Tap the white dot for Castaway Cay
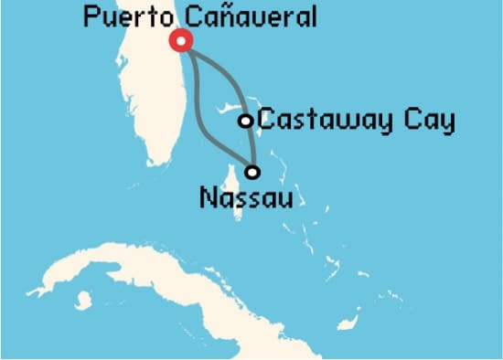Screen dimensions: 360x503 click(x=245, y=121)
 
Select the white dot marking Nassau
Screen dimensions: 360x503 click(x=252, y=171)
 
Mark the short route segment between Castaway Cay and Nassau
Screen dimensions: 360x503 click(x=249, y=146)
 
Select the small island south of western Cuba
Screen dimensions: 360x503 click(x=84, y=300)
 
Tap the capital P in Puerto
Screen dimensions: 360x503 click(x=90, y=16)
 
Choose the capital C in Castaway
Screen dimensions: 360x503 click(x=266, y=121)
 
